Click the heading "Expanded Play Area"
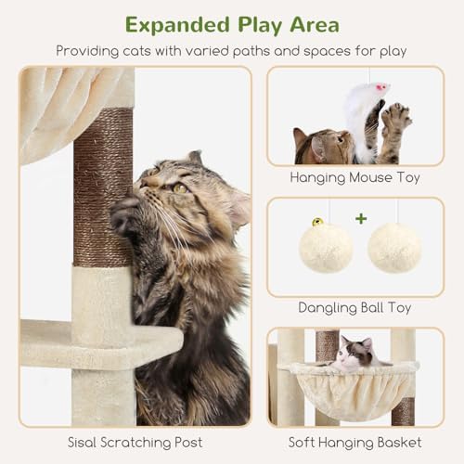point(231,24)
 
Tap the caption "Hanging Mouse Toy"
point(354,177)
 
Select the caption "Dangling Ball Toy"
point(354,308)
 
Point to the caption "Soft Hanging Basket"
point(354,442)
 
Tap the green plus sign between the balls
point(360,220)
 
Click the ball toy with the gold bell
point(325,247)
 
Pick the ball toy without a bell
point(395,248)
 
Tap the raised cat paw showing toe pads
point(396,115)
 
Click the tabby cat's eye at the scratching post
point(178,187)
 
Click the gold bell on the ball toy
point(317,223)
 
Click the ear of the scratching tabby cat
point(195,158)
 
